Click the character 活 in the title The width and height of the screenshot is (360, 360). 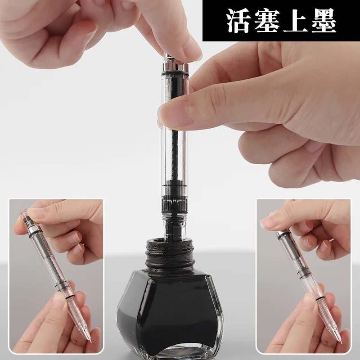pyautogui.click(x=238, y=21)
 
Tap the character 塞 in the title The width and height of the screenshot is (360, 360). pyautogui.click(x=267, y=21)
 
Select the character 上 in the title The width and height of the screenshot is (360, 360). pyautogui.click(x=295, y=21)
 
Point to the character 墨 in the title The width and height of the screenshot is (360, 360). pyautogui.click(x=324, y=21)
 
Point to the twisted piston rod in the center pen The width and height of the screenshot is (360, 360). pyautogui.click(x=175, y=154)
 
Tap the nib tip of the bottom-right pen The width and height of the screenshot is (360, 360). pyautogui.click(x=340, y=342)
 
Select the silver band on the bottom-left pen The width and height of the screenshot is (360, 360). pyautogui.click(x=35, y=229)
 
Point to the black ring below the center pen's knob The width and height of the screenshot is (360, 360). pyautogui.click(x=175, y=73)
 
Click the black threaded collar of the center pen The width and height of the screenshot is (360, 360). pyautogui.click(x=175, y=203)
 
